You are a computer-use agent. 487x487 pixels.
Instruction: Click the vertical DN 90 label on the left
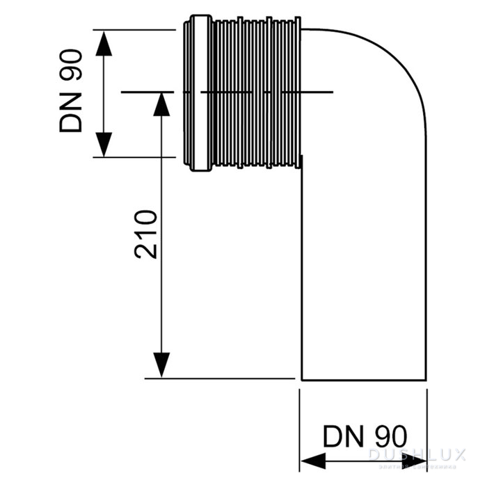pyautogui.click(x=70, y=90)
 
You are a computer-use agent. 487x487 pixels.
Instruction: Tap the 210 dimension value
pyautogui.click(x=147, y=234)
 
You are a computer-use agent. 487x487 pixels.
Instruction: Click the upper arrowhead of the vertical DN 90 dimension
pyautogui.click(x=103, y=43)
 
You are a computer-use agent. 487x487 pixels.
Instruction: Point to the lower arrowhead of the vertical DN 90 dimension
pyautogui.click(x=103, y=144)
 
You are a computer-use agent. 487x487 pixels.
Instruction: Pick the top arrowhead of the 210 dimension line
pyautogui.click(x=161, y=104)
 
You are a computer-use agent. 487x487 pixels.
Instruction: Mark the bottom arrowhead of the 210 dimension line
pyautogui.click(x=161, y=365)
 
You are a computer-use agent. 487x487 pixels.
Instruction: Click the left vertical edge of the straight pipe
pyautogui.click(x=301, y=278)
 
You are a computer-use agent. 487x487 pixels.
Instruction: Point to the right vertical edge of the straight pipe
pyautogui.click(x=424, y=278)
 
